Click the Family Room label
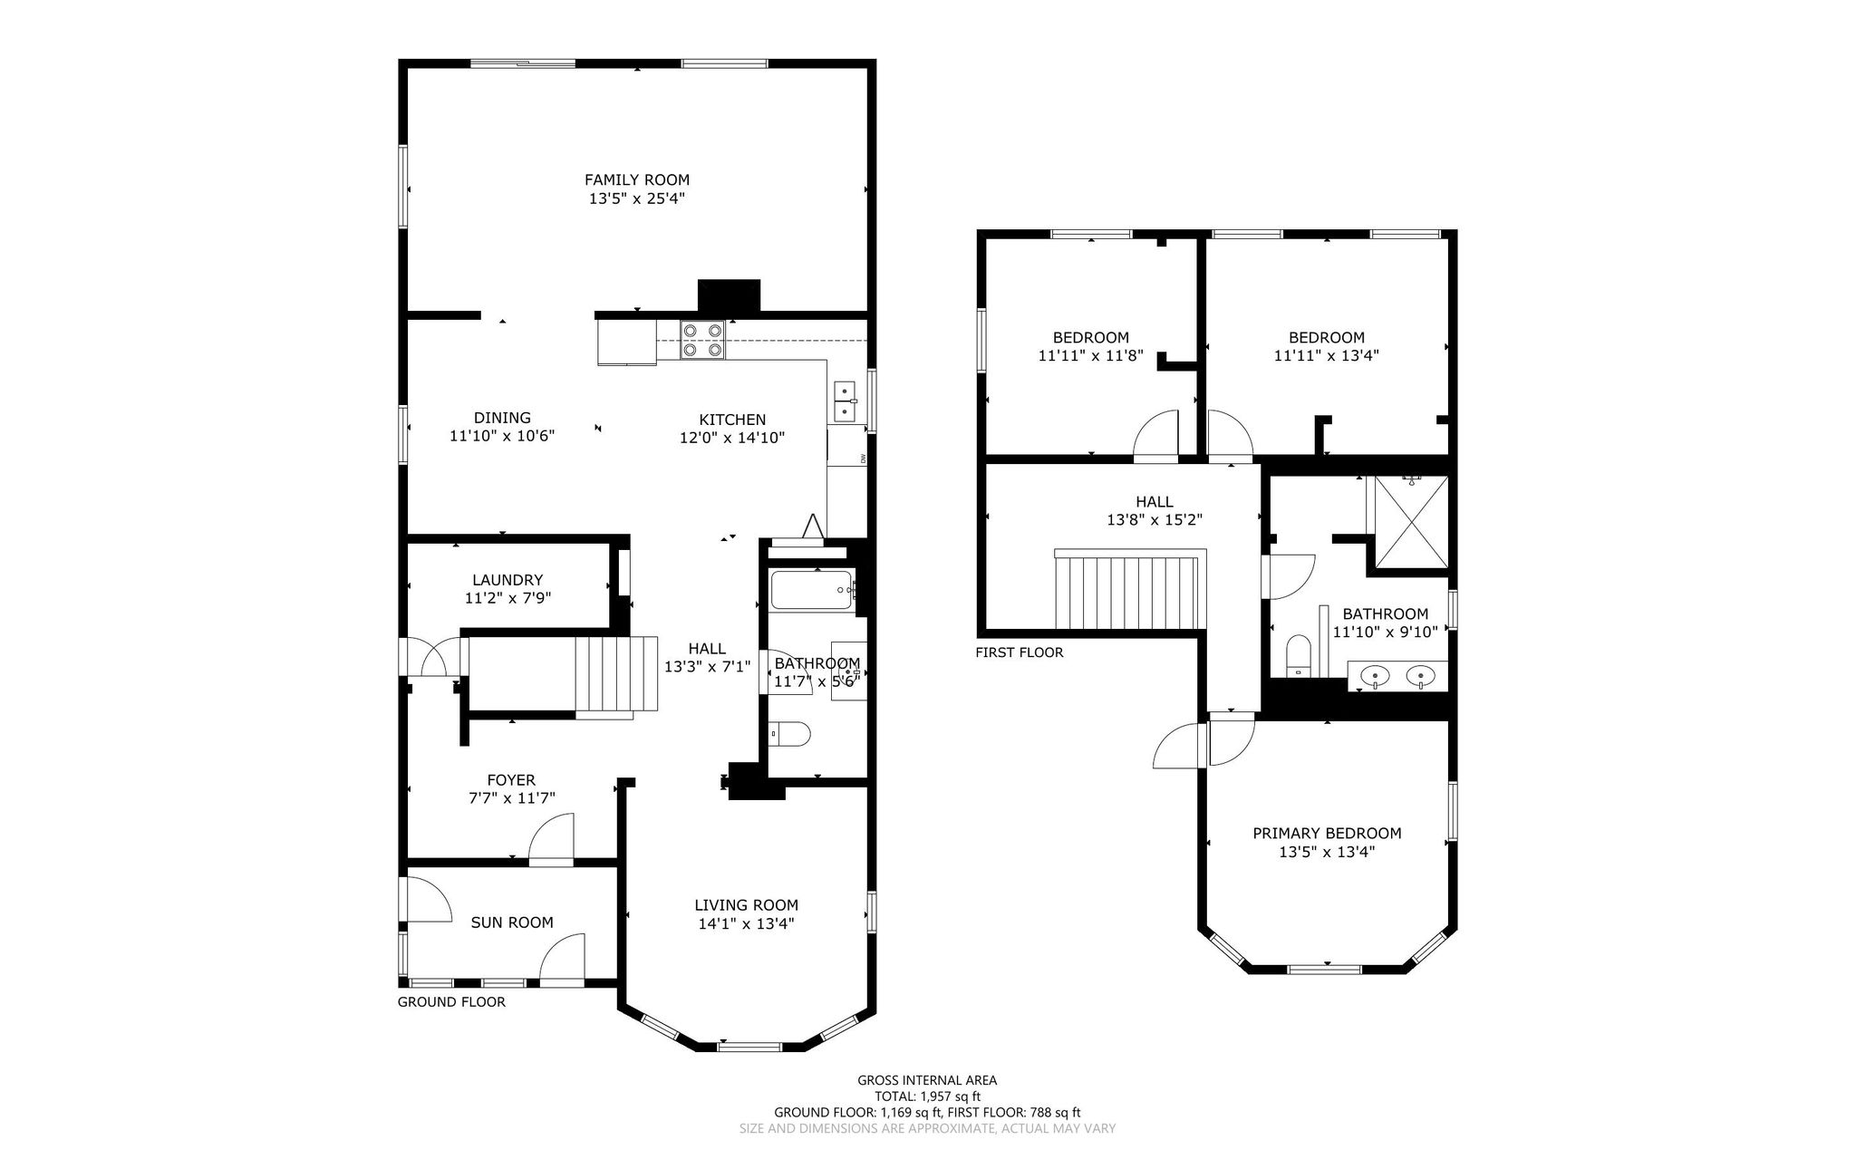(636, 179)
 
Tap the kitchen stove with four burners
(703, 340)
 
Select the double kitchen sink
(846, 401)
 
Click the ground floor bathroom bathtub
(811, 590)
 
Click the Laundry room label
(507, 580)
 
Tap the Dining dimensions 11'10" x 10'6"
(502, 436)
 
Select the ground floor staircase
(616, 675)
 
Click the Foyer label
(511, 780)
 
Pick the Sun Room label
(512, 922)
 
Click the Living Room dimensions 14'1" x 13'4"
(746, 923)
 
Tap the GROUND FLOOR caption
(451, 1001)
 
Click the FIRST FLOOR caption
(1020, 652)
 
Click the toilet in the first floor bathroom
(1299, 656)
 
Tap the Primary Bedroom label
(1327, 833)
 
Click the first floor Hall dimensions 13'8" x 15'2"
(1155, 520)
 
